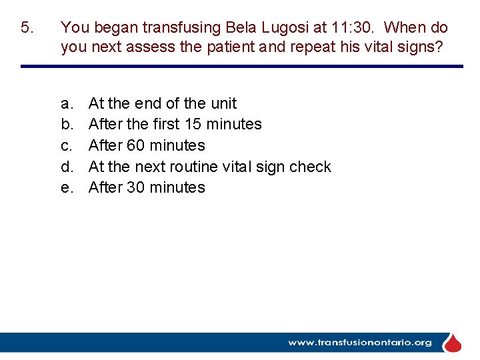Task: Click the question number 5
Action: [26, 28]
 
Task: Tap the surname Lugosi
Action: [231, 28]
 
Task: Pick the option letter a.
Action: [66, 103]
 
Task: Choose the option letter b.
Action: [66, 125]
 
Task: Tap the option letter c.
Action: [66, 145]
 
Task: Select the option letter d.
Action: [66, 167]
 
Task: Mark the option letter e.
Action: [66, 188]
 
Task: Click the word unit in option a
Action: [223, 103]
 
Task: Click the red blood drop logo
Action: [453, 343]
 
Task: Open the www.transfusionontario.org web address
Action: [360, 343]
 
